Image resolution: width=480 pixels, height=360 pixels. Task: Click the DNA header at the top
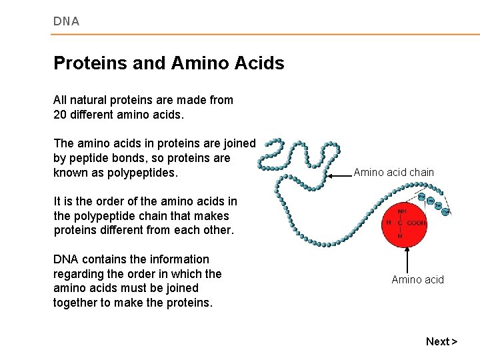coord(66,21)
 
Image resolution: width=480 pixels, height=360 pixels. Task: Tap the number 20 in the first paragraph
coord(60,115)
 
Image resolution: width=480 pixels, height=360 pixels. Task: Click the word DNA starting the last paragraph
coord(65,259)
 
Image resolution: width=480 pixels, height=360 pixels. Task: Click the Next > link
coord(441,341)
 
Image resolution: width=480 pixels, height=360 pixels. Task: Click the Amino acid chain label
coord(393,173)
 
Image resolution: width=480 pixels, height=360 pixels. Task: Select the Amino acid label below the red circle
coord(417,279)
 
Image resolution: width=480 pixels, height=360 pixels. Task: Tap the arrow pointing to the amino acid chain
coord(337,175)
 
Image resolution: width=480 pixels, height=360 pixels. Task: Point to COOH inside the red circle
coord(417,223)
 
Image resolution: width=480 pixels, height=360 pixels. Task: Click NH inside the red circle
coord(401,211)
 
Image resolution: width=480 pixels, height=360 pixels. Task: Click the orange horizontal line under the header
coord(267,35)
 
